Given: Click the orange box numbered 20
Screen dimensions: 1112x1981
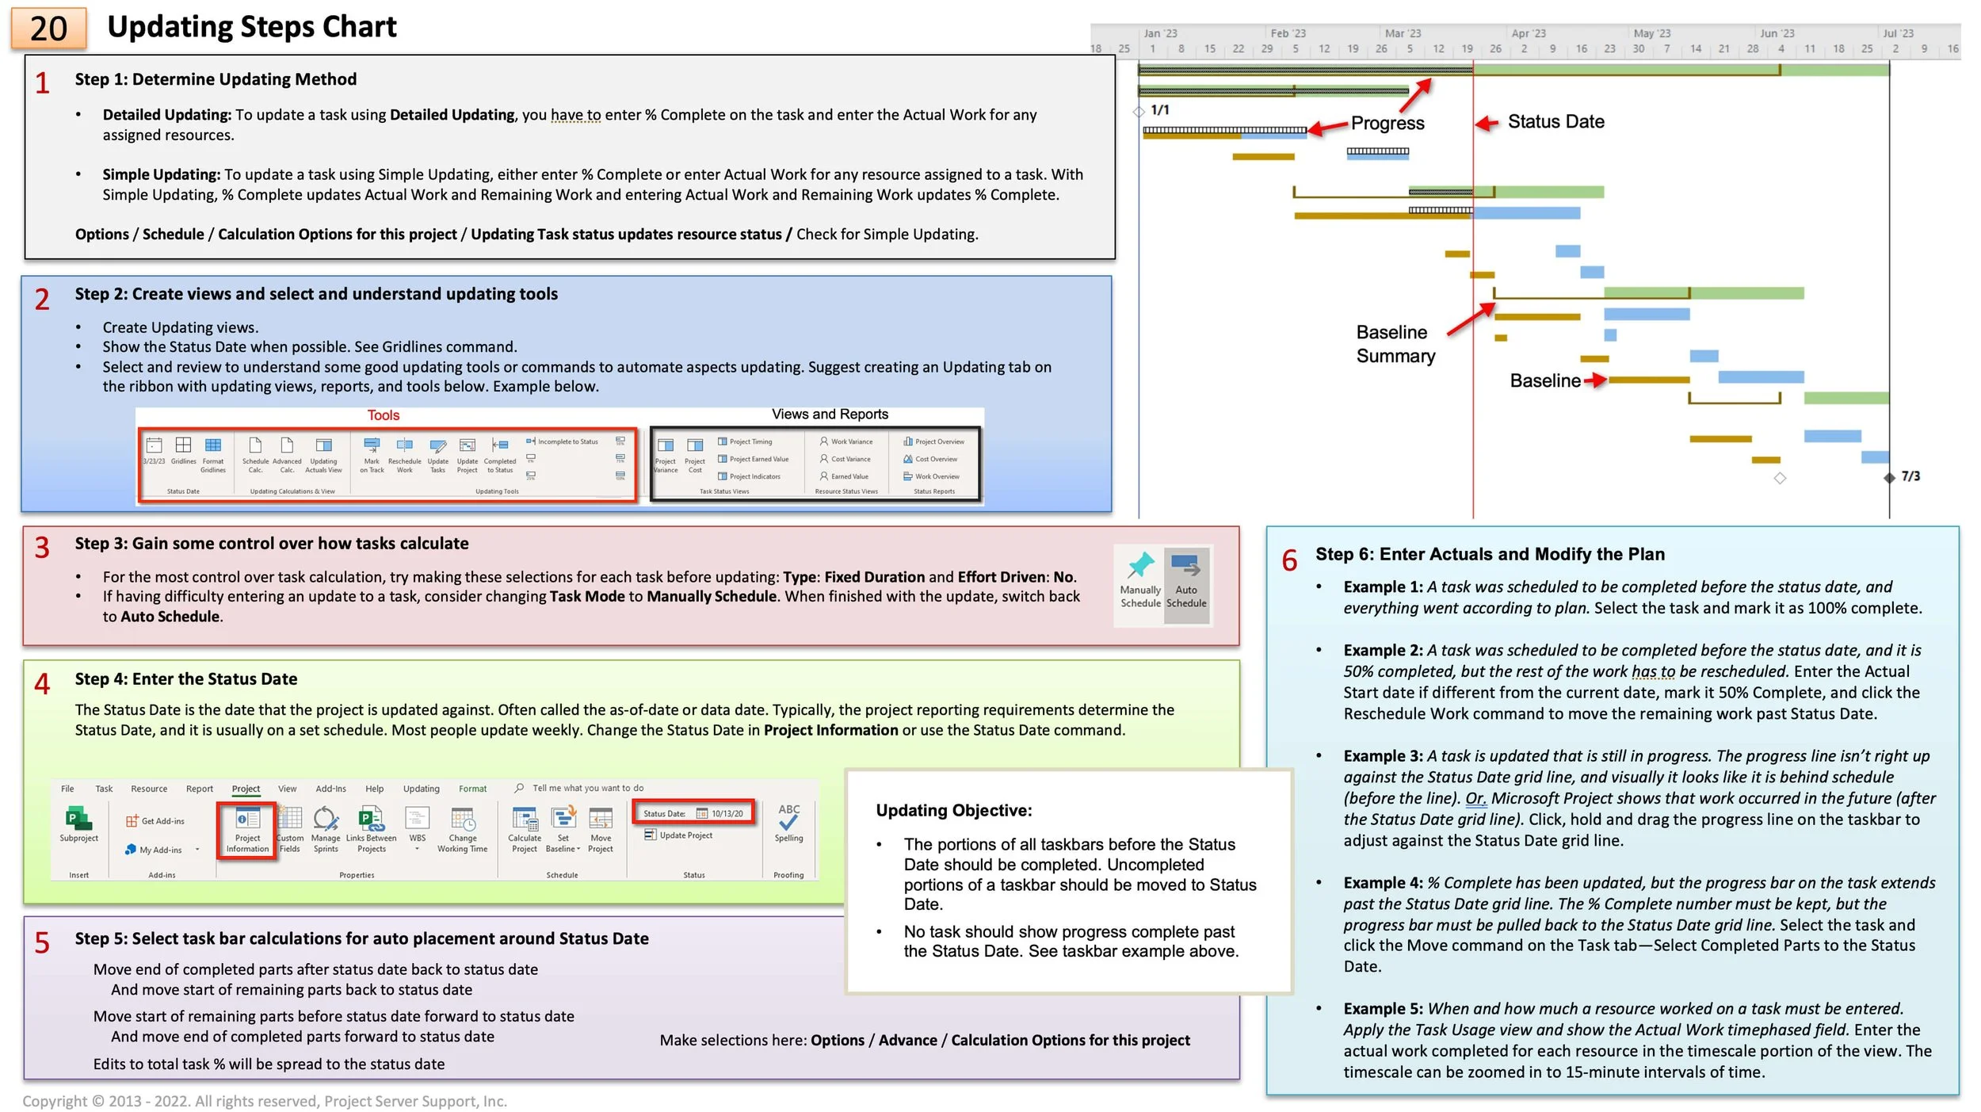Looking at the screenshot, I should pyautogui.click(x=48, y=29).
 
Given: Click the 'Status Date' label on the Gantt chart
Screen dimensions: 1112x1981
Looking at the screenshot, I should pyautogui.click(x=1555, y=121).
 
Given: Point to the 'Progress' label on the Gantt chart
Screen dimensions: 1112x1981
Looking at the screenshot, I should pyautogui.click(x=1387, y=123).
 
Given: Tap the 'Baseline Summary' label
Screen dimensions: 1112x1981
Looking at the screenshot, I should pyautogui.click(x=1395, y=344).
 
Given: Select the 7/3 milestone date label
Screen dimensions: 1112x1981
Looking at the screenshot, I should pyautogui.click(x=1910, y=476).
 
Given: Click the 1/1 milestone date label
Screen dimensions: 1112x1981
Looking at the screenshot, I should pyautogui.click(x=1159, y=109).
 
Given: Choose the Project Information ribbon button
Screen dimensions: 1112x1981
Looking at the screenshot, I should pyautogui.click(x=247, y=829).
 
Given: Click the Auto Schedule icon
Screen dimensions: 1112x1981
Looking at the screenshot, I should pyautogui.click(x=1186, y=566).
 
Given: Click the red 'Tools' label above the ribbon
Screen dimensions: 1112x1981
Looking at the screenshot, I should pyautogui.click(x=383, y=415).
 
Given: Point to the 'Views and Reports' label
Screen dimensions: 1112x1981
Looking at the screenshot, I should pyautogui.click(x=830, y=415).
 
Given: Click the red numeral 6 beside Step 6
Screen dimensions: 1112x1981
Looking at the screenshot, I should pyautogui.click(x=1289, y=560).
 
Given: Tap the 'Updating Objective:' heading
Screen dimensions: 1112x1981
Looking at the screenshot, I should pyautogui.click(x=953, y=810).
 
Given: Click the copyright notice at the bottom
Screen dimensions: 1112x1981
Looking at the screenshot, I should pyautogui.click(x=264, y=1101).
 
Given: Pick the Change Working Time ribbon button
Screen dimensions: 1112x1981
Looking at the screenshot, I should pyautogui.click(x=462, y=829).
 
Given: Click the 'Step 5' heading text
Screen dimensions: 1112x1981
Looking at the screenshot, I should pyautogui.click(x=361, y=938).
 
